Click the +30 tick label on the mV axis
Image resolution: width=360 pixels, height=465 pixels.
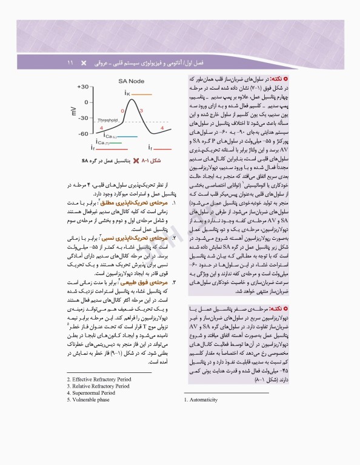click(81, 87)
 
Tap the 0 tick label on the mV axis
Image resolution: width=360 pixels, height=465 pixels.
click(85, 102)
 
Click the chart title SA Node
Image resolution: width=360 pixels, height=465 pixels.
click(130, 81)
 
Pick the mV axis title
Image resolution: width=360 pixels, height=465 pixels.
click(73, 110)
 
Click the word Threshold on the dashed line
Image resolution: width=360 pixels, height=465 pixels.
click(107, 120)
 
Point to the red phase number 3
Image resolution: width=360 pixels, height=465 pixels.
click(141, 111)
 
